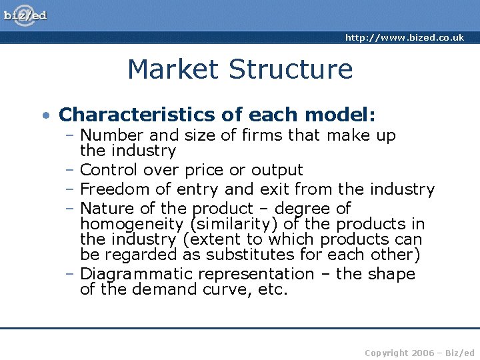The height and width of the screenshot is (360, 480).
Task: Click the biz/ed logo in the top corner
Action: tap(25, 15)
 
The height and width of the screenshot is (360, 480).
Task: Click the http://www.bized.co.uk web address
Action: tap(404, 38)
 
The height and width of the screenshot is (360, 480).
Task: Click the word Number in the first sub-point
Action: tap(107, 136)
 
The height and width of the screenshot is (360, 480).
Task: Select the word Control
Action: tap(108, 170)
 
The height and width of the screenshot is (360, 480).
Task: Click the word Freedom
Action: tap(111, 189)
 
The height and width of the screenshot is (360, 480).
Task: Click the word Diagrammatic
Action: tap(136, 274)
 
